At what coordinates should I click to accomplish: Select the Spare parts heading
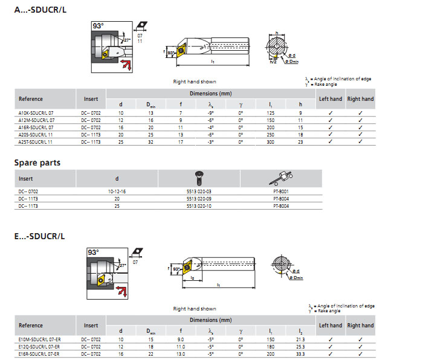[37, 162]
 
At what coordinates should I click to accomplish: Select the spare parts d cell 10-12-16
[117, 191]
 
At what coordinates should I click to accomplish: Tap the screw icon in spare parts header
[199, 178]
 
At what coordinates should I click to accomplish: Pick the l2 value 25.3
[301, 347]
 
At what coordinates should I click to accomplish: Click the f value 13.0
[181, 354]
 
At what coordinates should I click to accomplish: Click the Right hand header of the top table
[360, 99]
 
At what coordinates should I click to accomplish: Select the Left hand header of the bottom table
[331, 326]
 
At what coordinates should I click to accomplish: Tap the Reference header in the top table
[31, 99]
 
